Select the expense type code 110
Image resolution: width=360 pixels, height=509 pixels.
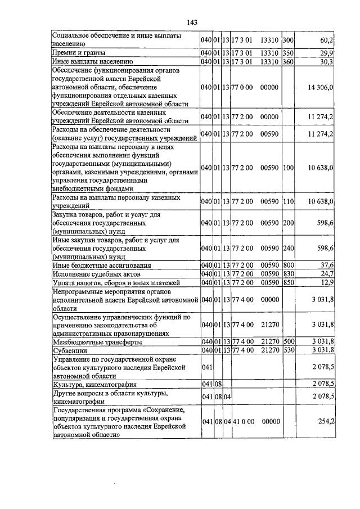pos(289,201)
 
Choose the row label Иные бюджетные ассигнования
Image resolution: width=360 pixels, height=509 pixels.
pos(94,265)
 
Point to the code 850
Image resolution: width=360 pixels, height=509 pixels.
pos(289,282)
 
